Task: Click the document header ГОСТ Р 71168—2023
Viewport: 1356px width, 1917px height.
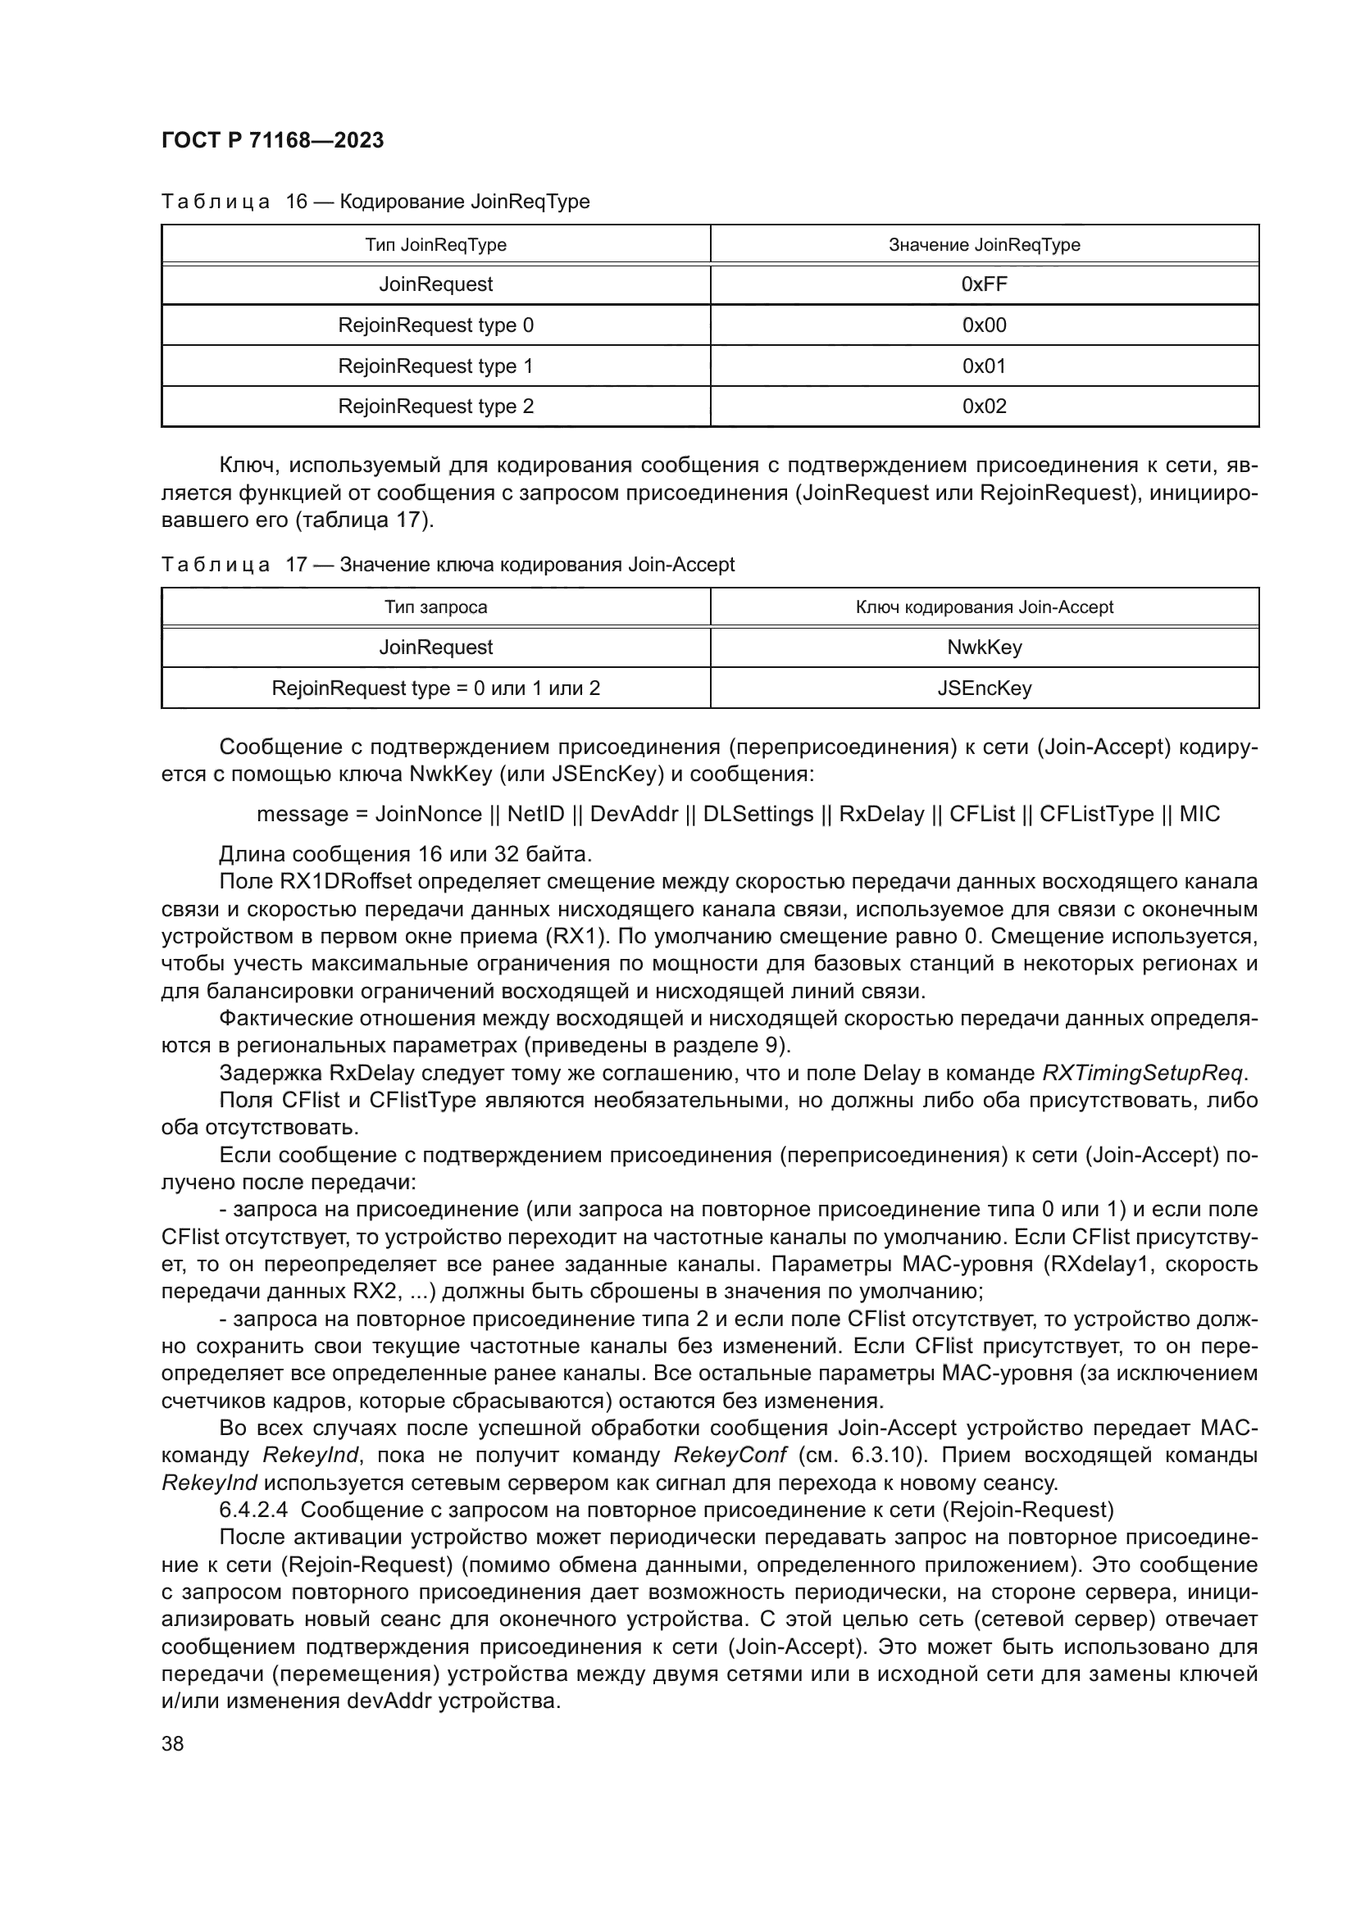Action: coord(272,140)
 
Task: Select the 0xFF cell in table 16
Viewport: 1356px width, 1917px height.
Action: coord(984,284)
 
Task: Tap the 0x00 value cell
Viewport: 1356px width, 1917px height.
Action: coord(984,325)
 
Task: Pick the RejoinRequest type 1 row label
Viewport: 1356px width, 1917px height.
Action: coord(435,366)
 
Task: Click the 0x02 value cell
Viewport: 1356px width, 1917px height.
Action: coord(984,407)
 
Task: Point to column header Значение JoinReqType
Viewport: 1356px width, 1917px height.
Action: coord(984,244)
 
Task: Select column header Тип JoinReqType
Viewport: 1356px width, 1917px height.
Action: coord(435,244)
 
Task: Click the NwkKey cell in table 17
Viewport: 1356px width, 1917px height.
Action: coord(984,648)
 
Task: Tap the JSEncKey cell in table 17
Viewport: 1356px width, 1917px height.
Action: coord(984,688)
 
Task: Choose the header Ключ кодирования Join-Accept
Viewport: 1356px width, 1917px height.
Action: coord(984,608)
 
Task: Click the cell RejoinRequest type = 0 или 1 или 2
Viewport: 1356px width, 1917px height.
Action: coord(435,688)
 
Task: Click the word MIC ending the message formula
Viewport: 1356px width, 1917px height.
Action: coord(1199,814)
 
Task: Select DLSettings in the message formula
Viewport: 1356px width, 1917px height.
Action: coord(758,814)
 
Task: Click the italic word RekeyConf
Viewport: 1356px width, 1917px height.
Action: coord(729,1456)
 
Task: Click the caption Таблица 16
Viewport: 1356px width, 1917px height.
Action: coord(234,202)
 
